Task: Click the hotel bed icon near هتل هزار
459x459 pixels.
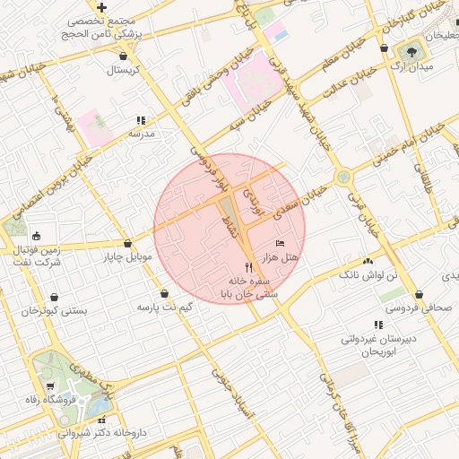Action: tap(280, 244)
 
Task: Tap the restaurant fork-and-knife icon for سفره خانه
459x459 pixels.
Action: tap(248, 267)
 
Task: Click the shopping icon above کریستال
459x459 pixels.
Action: tap(120, 56)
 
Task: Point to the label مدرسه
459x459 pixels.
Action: tap(142, 134)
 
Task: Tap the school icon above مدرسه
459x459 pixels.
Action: tap(141, 120)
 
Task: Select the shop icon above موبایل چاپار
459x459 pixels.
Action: tap(128, 243)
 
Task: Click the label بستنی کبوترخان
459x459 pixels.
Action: tap(55, 311)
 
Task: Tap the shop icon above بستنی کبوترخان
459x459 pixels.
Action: tap(55, 297)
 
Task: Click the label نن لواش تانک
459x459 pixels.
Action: tap(367, 274)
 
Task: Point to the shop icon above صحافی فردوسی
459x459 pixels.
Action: tap(419, 294)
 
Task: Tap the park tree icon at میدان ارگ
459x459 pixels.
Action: tap(413, 50)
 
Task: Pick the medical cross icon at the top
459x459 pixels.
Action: tap(102, 7)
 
